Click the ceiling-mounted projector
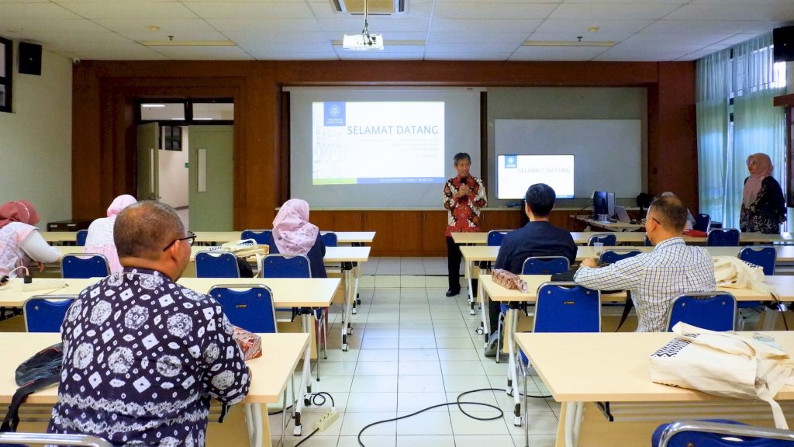[363, 41]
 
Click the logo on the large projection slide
[334, 113]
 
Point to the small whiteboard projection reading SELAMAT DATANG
[535, 175]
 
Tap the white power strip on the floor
[326, 419]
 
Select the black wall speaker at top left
[30, 58]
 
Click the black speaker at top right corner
[783, 43]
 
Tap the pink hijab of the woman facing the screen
[293, 226]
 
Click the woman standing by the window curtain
[761, 194]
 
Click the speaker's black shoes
[453, 292]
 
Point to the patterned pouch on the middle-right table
[509, 279]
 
